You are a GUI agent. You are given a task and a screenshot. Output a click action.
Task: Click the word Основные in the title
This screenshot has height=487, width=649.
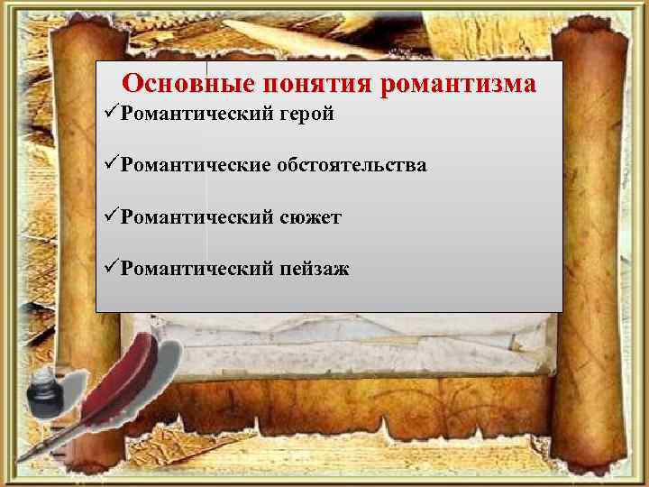click(x=187, y=84)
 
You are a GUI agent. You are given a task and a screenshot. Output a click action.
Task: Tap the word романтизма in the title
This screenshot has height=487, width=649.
click(x=459, y=84)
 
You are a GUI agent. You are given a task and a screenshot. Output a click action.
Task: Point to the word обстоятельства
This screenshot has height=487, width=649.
click(x=352, y=166)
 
